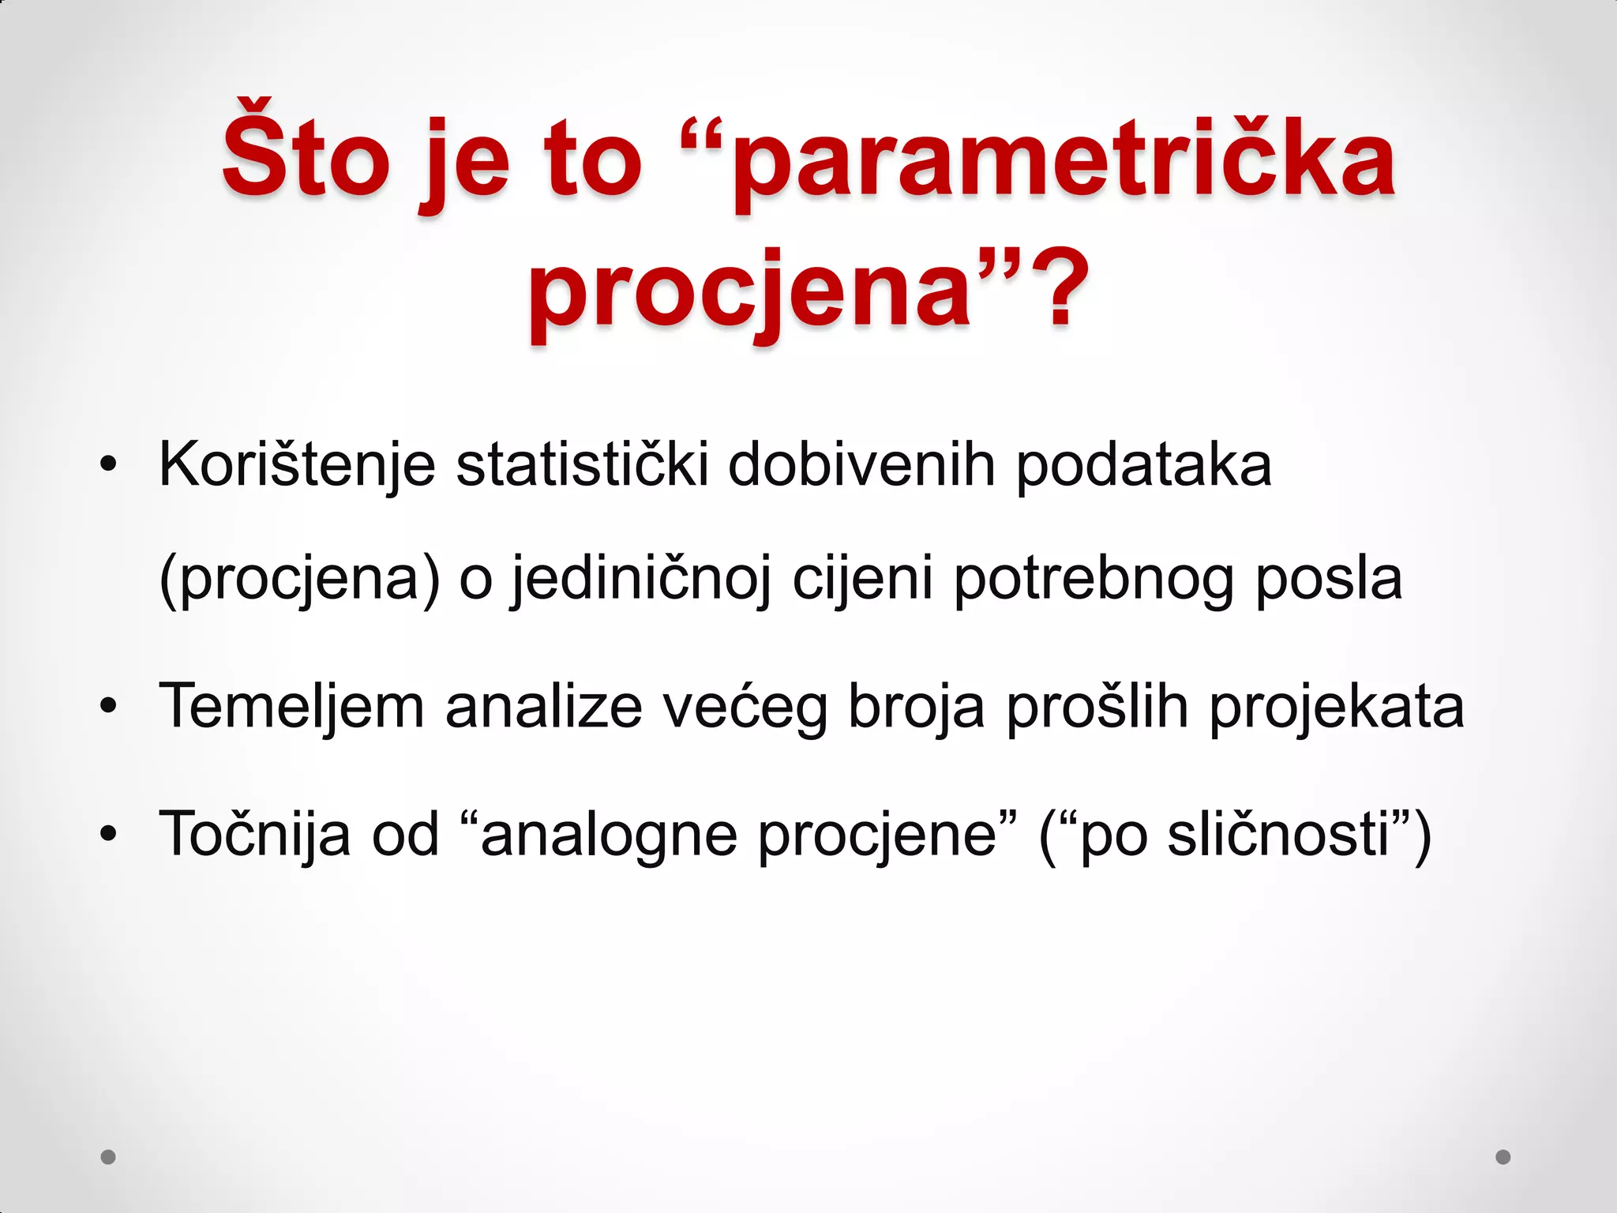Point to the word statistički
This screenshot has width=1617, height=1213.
point(582,465)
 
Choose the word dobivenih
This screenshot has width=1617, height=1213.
point(861,465)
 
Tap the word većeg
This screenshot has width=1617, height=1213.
point(745,708)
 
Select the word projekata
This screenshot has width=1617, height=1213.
point(1337,708)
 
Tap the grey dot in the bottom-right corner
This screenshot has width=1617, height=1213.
point(1503,1157)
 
